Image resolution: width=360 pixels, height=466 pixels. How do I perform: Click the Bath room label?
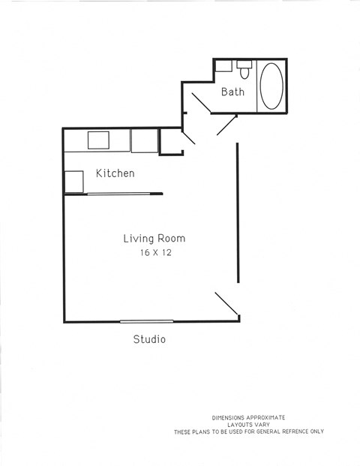[x=232, y=92]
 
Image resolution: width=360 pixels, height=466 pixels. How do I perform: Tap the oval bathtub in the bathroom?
[x=271, y=86]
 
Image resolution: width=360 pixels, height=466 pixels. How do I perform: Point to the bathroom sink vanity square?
[x=223, y=65]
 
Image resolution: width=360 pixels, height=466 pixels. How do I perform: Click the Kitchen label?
[x=115, y=173]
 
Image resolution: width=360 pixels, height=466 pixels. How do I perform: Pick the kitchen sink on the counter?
[x=99, y=140]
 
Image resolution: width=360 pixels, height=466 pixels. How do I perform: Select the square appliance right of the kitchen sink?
[x=144, y=140]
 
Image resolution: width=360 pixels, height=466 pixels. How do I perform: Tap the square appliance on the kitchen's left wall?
[x=73, y=182]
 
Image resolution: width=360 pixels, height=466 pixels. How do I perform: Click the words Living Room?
[x=154, y=239]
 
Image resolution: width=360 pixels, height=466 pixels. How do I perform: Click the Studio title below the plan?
[x=149, y=339]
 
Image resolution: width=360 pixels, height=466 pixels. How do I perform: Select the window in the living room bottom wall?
[x=146, y=321]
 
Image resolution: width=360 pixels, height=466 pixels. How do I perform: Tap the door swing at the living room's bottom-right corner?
[x=227, y=305]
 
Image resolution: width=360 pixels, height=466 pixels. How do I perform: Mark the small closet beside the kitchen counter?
[x=170, y=141]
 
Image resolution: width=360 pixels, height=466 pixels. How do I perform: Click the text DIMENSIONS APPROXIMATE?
[x=248, y=417]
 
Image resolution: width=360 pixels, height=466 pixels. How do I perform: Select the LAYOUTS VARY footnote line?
[x=248, y=424]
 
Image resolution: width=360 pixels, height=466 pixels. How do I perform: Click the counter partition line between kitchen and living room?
[x=124, y=194]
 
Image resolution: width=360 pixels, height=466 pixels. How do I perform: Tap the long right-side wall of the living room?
[x=238, y=213]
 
